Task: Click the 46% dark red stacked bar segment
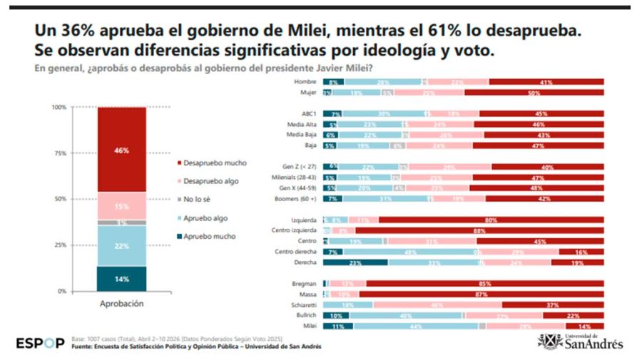(121, 150)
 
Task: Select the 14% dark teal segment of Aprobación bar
(121, 279)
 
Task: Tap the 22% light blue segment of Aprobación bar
(121, 246)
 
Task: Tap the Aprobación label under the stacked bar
(121, 304)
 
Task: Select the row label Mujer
(307, 93)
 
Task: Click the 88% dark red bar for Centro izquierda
(479, 231)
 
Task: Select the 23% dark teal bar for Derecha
(355, 262)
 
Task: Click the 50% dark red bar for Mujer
(534, 93)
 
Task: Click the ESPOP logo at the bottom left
(41, 343)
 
